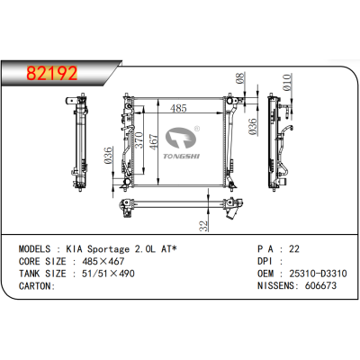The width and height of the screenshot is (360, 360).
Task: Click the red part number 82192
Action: pos(52,74)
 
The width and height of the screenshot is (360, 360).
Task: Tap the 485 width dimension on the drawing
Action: pos(178,108)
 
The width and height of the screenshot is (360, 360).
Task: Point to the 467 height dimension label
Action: pos(153,142)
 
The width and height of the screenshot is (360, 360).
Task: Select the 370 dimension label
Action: pos(139,140)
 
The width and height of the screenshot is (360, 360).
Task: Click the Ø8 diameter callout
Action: pos(240,78)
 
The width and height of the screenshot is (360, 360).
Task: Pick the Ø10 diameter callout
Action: pos(287,82)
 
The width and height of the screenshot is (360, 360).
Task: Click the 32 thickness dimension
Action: pos(203,226)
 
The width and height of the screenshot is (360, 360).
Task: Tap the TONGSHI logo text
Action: pos(181,156)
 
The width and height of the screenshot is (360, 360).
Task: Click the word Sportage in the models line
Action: pos(108,249)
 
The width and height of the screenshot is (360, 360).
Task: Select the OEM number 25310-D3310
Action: pos(318,274)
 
